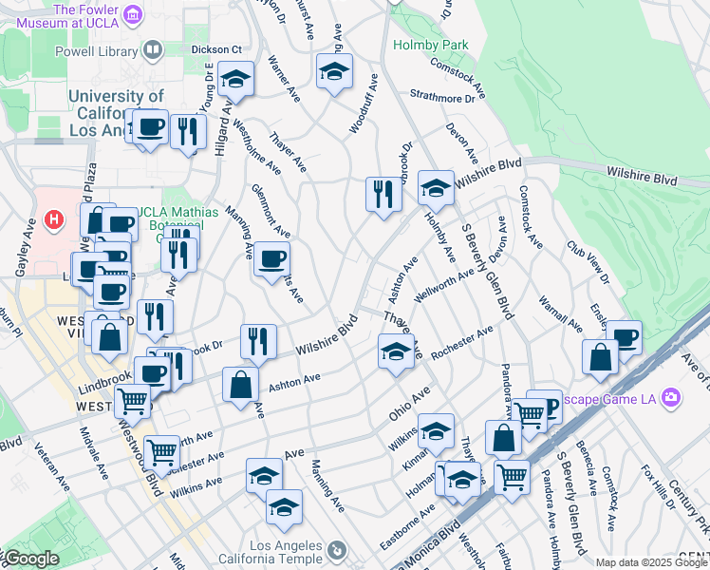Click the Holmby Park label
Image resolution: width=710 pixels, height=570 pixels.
click(x=442, y=45)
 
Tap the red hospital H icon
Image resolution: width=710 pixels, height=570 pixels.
click(x=55, y=219)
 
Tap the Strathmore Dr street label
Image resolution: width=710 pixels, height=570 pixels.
click(x=442, y=97)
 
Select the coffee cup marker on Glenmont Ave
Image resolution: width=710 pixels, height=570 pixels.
click(x=271, y=259)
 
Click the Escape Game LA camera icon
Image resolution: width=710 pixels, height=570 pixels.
click(x=672, y=396)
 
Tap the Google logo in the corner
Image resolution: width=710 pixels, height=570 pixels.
click(x=30, y=560)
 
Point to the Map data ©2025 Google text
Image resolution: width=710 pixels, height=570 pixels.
click(x=651, y=562)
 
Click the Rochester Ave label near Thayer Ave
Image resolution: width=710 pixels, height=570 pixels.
click(x=461, y=343)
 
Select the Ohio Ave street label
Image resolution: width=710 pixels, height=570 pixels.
click(x=409, y=403)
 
